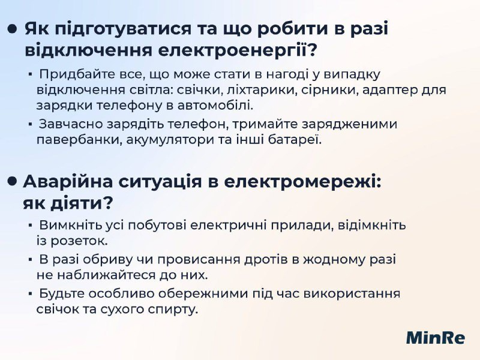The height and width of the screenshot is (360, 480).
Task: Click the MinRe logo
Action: click(436, 338)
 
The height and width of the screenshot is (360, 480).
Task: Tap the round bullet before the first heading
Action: click(11, 29)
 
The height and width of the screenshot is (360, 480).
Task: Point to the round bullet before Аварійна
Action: click(11, 181)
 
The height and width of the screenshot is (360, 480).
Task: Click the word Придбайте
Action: click(77, 75)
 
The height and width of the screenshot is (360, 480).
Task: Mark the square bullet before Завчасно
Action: click(30, 125)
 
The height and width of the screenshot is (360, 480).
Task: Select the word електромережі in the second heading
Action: click(302, 182)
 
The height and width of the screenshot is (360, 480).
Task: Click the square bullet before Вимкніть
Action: click(30, 226)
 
